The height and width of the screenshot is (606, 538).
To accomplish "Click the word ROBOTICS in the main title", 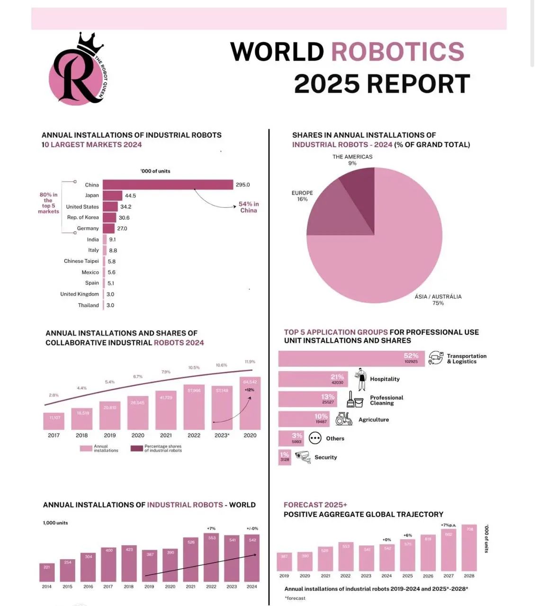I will pyautogui.click(x=397, y=52).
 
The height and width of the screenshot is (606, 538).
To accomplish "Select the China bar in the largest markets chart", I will pyautogui.click(x=168, y=185).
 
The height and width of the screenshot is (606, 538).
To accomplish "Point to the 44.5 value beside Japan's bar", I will pyautogui.click(x=130, y=196).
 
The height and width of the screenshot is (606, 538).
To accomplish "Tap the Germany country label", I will pyautogui.click(x=88, y=228).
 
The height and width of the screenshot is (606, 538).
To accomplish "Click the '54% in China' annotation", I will pyautogui.click(x=249, y=207).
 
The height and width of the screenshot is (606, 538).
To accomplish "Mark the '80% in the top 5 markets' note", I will pyautogui.click(x=48, y=203).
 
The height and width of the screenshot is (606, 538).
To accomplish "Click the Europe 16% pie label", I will pyautogui.click(x=302, y=196).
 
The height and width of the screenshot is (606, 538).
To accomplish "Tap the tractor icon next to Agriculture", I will pyautogui.click(x=344, y=419).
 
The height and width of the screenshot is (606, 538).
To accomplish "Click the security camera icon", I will pyautogui.click(x=303, y=457).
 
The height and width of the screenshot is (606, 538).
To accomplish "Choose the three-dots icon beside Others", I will pyautogui.click(x=315, y=438).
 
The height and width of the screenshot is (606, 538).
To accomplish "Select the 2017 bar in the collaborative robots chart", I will pyautogui.click(x=54, y=421).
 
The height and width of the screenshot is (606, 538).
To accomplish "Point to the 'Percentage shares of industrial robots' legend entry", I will pyautogui.click(x=157, y=448).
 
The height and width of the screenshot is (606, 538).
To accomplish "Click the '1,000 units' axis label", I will pyautogui.click(x=55, y=523).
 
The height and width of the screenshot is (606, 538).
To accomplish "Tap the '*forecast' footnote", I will pyautogui.click(x=295, y=598).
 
